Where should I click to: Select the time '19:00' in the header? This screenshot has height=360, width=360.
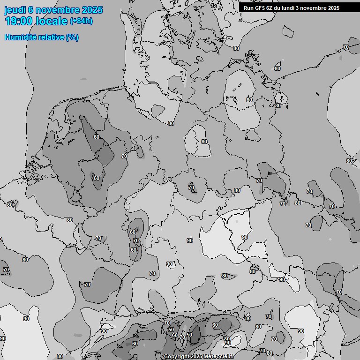(18, 21)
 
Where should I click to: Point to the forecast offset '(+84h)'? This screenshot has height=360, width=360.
(81, 21)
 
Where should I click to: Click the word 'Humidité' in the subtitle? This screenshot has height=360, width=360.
(20, 37)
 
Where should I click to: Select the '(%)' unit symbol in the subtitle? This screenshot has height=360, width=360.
(72, 37)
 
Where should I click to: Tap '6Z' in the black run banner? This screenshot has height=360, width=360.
(270, 8)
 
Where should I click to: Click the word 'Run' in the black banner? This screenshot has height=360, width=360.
(248, 8)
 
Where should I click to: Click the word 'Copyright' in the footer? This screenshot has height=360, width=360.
(177, 357)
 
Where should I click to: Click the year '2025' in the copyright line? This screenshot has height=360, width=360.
(196, 357)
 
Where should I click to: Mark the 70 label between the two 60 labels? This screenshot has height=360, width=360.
(136, 241)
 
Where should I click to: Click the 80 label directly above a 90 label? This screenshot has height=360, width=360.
(227, 338)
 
